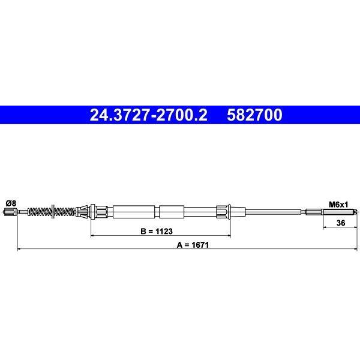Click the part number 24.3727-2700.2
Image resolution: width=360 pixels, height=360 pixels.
[x=149, y=115]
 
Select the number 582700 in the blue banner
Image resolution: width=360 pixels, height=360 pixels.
[x=254, y=115]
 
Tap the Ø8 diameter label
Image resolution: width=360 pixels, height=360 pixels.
[x=11, y=203]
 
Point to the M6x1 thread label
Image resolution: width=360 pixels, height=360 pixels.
[x=338, y=205]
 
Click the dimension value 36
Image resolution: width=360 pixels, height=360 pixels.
[x=340, y=223]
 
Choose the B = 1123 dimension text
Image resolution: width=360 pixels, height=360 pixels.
[x=157, y=231]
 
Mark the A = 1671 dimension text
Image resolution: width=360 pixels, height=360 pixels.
[x=193, y=245]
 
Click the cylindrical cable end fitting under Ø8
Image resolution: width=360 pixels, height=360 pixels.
[x=11, y=212]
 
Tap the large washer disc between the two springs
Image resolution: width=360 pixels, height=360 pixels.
[x=53, y=211]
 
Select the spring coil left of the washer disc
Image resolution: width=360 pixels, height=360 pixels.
[x=40, y=212]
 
